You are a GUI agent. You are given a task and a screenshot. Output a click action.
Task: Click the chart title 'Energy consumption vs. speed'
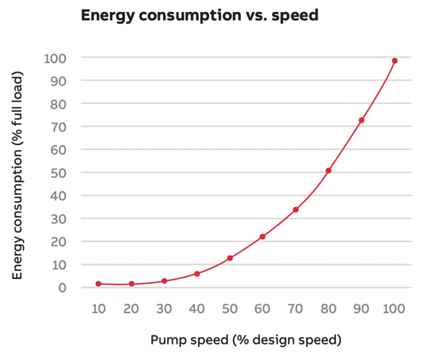tap(199, 15)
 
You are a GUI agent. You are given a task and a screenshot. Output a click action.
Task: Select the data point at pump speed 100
tap(395, 61)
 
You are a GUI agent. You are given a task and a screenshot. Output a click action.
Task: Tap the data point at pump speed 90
tap(362, 120)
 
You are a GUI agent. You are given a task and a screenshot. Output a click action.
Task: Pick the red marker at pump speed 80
tap(328, 171)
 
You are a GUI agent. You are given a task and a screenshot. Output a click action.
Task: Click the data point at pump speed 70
tap(295, 210)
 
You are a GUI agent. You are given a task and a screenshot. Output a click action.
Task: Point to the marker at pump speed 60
tap(262, 237)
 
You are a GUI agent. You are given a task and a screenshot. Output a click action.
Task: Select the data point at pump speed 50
tap(230, 258)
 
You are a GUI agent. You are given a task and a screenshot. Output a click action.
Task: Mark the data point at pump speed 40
tap(197, 274)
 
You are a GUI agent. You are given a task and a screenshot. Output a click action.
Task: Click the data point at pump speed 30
tap(164, 281)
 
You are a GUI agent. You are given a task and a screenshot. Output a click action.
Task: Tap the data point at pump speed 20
tap(131, 284)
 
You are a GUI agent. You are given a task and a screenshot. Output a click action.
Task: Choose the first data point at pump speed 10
tap(98, 284)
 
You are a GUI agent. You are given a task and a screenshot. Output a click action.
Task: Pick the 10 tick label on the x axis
tap(98, 308)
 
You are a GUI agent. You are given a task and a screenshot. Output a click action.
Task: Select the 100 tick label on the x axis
tap(394, 308)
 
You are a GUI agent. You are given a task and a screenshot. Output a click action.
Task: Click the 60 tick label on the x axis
tap(262, 308)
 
